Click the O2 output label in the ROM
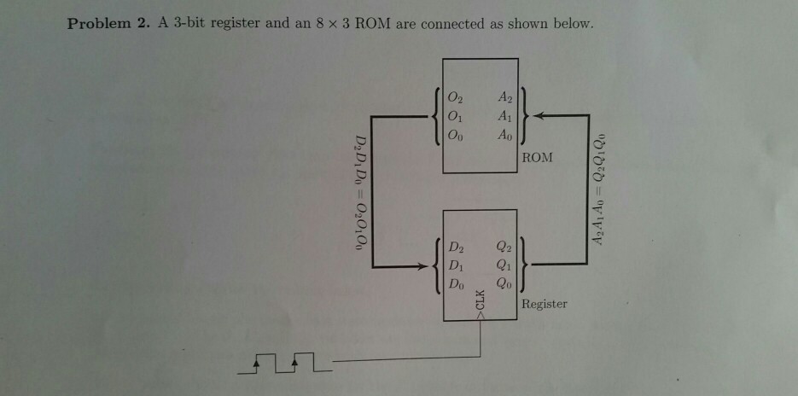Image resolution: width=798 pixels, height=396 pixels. [457, 98]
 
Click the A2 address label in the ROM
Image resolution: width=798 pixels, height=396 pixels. [506, 98]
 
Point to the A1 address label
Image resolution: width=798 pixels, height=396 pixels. [506, 116]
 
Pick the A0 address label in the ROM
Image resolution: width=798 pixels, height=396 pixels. [506, 135]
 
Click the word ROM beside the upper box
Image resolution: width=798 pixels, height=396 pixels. [539, 158]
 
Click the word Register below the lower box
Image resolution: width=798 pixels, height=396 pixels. [544, 305]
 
